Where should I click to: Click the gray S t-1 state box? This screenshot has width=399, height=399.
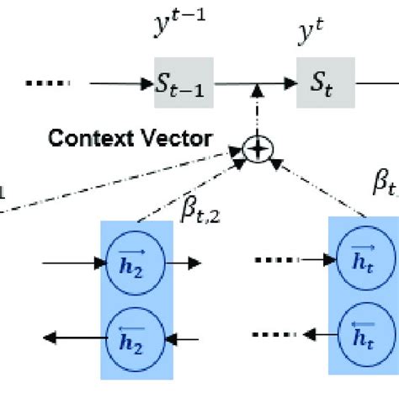(181, 83)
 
